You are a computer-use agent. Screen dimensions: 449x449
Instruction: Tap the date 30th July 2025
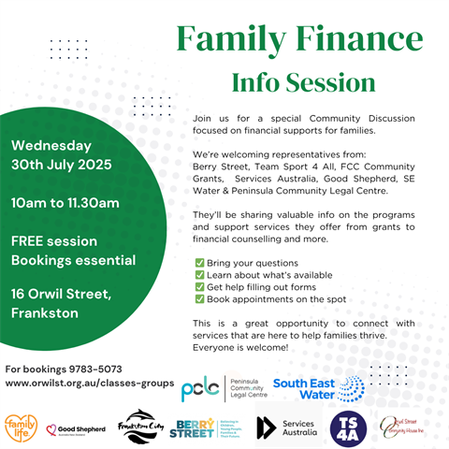tap(62, 166)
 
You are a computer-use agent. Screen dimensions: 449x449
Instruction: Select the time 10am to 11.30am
tap(65, 203)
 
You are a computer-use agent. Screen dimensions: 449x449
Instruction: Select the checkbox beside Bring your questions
tap(198, 264)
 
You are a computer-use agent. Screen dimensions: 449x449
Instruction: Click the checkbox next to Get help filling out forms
tap(198, 288)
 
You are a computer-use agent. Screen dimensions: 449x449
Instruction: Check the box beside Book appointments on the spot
tap(198, 300)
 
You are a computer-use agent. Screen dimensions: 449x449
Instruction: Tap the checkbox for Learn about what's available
tap(198, 276)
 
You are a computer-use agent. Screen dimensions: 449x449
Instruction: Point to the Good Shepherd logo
tap(75, 430)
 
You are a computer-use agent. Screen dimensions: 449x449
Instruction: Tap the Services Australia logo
tap(287, 427)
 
